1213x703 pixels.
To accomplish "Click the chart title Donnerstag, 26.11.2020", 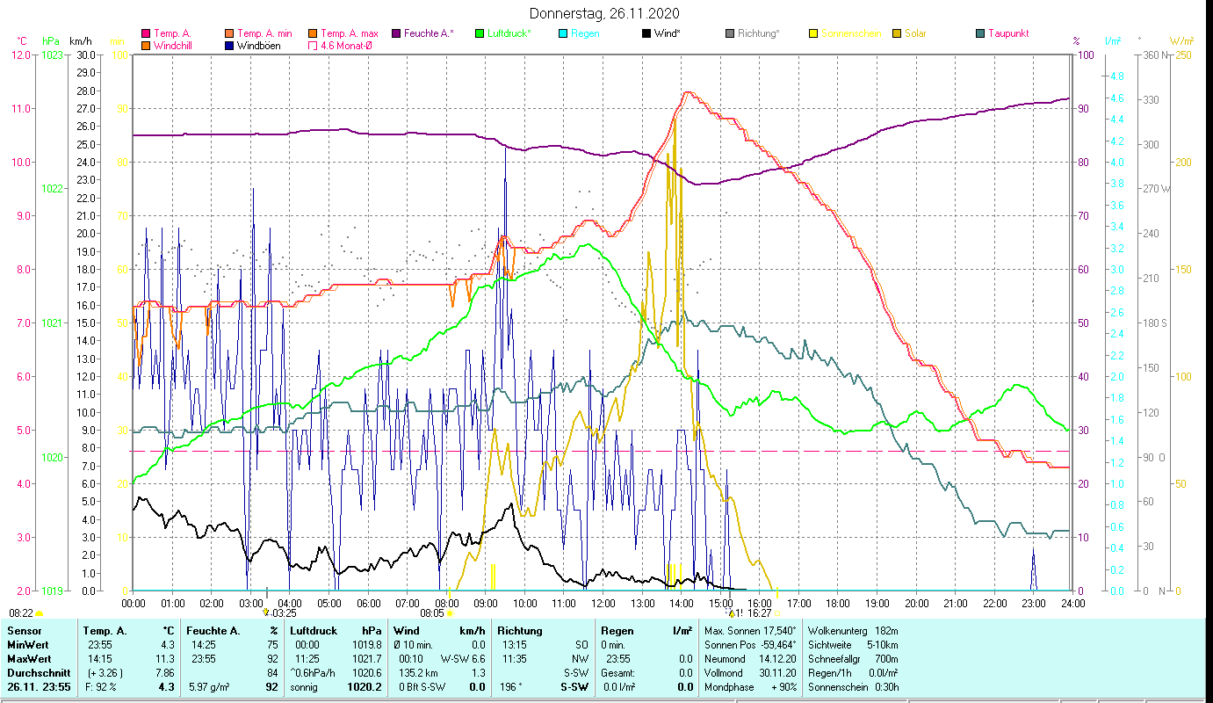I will pos(605,14).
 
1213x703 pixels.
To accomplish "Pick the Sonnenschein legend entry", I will pos(850,33).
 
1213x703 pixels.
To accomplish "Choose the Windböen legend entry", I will pos(258,46).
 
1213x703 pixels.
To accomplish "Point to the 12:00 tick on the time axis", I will pos(603,604).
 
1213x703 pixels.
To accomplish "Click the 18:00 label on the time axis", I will pos(838,604).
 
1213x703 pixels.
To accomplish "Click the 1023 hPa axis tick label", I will pos(52,54).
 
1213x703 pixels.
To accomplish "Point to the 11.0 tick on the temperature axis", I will pos(20,109).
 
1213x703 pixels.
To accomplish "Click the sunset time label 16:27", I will pos(760,613).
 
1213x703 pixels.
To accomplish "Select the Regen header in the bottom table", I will pos(616,631).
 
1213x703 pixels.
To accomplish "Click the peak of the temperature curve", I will pos(687,92).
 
